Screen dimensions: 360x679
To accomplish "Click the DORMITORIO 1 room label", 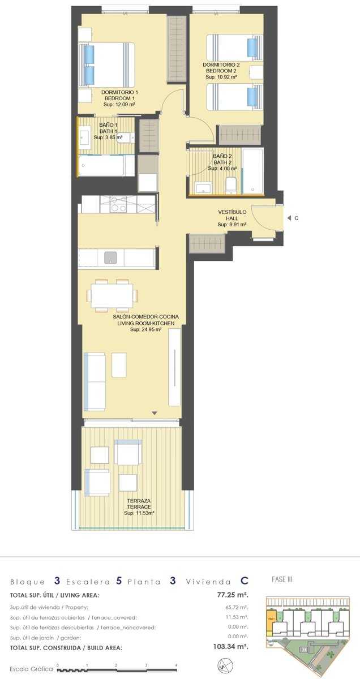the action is pyautogui.click(x=119, y=92).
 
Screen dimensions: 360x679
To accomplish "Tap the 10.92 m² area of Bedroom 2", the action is pyautogui.click(x=221, y=77).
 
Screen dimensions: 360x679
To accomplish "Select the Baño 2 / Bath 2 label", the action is pyautogui.click(x=222, y=159).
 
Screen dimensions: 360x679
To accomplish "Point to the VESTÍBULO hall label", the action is pyautogui.click(x=232, y=212).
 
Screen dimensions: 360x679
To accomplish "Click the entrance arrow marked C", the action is pyautogui.click(x=289, y=218).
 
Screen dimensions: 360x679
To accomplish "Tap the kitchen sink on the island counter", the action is pyautogui.click(x=111, y=257).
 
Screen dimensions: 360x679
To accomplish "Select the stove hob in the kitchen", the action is pyautogui.click(x=118, y=204).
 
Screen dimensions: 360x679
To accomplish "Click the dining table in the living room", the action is pyautogui.click(x=112, y=295).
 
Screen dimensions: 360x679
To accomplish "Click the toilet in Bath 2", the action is pyautogui.click(x=231, y=185).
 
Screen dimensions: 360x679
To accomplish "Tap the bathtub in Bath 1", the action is pyautogui.click(x=105, y=165).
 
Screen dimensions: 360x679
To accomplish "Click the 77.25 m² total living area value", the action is pyautogui.click(x=233, y=595).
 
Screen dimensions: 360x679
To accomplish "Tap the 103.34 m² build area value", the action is pyautogui.click(x=230, y=647).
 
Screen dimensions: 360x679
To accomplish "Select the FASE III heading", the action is pyautogui.click(x=282, y=579).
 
